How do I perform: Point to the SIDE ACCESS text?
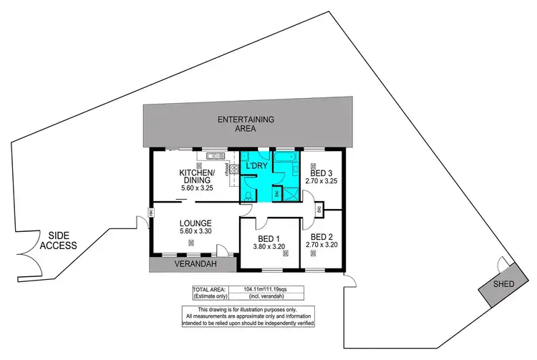pos(58,240)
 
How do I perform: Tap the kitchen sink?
pos(213,155)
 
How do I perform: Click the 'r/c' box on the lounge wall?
pos(152,212)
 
